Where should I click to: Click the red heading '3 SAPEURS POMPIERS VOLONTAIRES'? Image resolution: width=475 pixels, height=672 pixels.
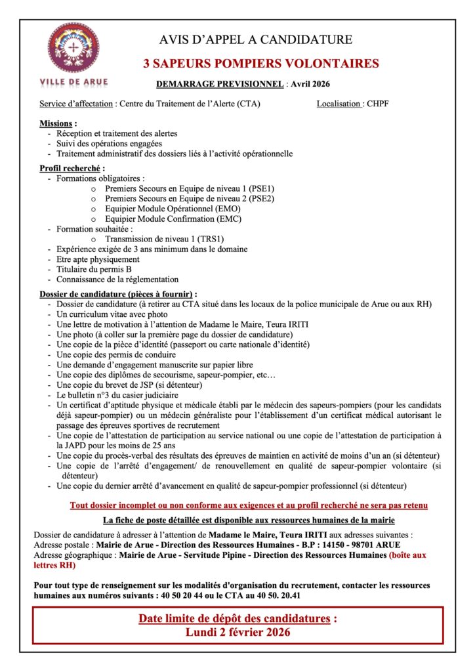click(261, 64)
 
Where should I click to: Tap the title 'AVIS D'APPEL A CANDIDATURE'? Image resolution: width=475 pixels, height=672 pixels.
click(256, 39)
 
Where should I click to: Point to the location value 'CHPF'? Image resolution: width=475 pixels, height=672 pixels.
click(378, 104)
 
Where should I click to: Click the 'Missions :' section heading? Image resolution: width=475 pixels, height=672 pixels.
click(58, 123)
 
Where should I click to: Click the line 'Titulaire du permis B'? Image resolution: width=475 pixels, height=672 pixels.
click(94, 270)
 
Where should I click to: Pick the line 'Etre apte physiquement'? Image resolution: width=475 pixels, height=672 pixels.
click(98, 260)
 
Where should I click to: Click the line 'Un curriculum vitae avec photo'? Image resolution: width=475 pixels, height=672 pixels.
click(112, 314)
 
